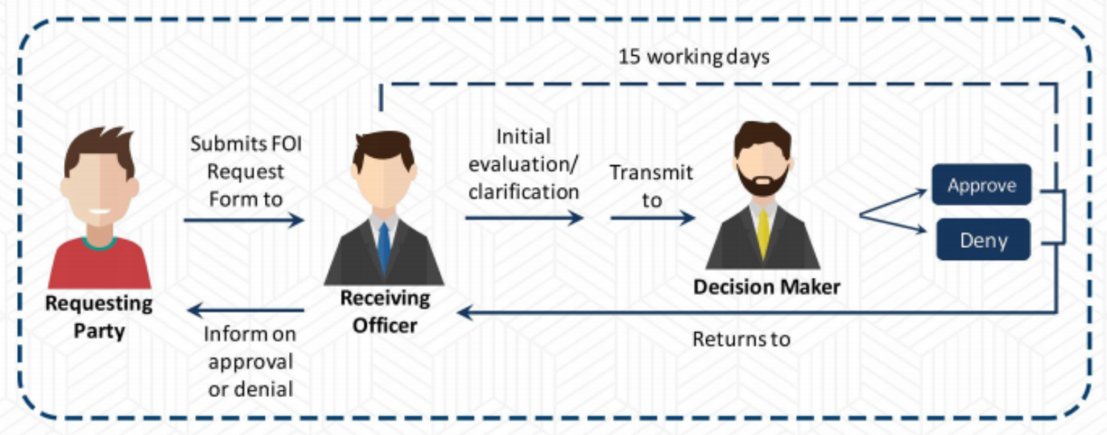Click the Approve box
[x=981, y=185]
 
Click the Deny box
[x=983, y=239]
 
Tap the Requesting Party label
[x=98, y=317]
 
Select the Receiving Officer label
[x=385, y=312]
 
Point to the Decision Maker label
[x=766, y=287]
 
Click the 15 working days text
[x=694, y=58]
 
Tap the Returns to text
[x=741, y=339]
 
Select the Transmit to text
[x=651, y=185]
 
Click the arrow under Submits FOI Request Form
[x=244, y=219]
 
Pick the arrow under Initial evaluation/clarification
[x=524, y=217]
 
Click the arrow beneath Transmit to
[x=652, y=217]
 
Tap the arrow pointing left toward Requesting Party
[x=246, y=310]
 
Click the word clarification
[x=523, y=193]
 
